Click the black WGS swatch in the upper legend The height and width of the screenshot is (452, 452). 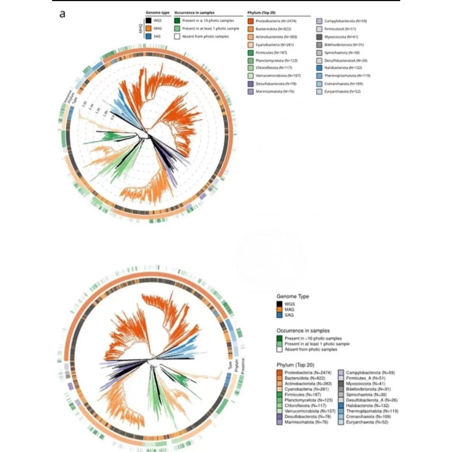pyautogui.click(x=148, y=21)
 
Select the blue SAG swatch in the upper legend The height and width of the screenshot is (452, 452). pyautogui.click(x=148, y=36)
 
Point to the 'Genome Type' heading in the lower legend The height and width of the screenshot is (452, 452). pyautogui.click(x=292, y=296)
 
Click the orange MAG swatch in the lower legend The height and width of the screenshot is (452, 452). pyautogui.click(x=279, y=309)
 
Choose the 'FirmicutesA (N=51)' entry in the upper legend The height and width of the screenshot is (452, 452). pyautogui.click(x=340, y=29)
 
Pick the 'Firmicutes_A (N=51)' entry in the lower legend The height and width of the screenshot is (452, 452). pyautogui.click(x=366, y=378)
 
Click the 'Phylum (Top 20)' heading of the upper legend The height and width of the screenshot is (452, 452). pyautogui.click(x=261, y=13)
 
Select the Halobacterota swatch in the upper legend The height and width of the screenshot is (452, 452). pyautogui.click(x=319, y=68)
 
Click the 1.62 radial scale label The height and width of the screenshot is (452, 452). pyautogui.click(x=84, y=104)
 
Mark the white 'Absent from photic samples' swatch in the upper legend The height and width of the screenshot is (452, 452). pyautogui.click(x=177, y=36)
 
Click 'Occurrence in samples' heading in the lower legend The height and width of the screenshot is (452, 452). pyautogui.click(x=303, y=330)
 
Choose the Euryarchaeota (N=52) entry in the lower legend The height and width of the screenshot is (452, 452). pyautogui.click(x=367, y=422)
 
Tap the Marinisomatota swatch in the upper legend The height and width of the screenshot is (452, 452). pyautogui.click(x=251, y=92)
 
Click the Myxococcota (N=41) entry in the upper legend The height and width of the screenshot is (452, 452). pyautogui.click(x=341, y=37)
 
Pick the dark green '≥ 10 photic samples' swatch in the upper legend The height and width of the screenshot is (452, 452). pyautogui.click(x=177, y=21)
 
